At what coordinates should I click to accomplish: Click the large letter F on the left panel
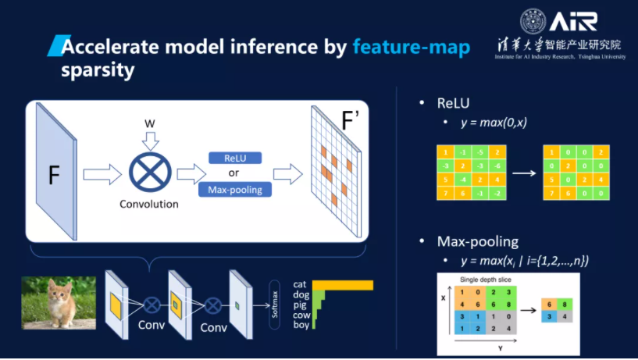point(54,175)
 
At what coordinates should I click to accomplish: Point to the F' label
point(348,121)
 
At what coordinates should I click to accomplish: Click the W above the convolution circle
point(151,124)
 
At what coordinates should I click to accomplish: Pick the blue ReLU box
point(234,158)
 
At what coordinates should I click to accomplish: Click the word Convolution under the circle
point(149,205)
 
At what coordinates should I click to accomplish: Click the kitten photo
point(59,302)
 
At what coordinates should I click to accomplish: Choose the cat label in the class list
point(300,285)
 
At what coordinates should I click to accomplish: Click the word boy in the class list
point(301,324)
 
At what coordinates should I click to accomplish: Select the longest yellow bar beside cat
point(344,285)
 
